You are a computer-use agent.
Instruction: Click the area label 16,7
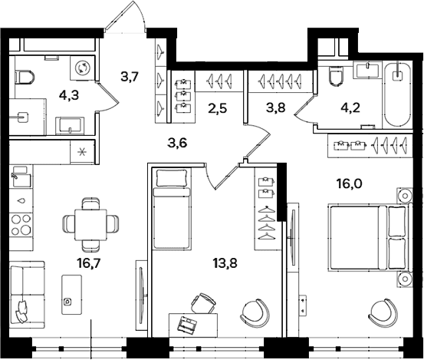tap(88, 263)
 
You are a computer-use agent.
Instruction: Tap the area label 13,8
tap(225, 263)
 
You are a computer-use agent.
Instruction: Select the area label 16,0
tap(349, 184)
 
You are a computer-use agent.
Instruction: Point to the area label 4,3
tap(69, 95)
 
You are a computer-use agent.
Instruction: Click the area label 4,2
tap(350, 108)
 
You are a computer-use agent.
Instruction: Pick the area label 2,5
tap(218, 108)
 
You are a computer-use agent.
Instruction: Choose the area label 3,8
tap(275, 108)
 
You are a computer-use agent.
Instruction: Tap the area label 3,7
tap(130, 77)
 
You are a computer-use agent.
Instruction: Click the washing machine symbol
tap(82, 68)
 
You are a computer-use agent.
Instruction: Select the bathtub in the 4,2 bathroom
tap(397, 94)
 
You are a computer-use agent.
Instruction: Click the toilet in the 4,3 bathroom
tap(25, 77)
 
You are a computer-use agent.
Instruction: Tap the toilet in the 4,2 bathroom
tap(336, 75)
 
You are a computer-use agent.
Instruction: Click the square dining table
tap(90, 225)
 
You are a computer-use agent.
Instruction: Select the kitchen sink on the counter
tap(21, 177)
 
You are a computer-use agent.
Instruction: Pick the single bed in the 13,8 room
tap(172, 209)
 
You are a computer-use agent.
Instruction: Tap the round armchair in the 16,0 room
tap(383, 312)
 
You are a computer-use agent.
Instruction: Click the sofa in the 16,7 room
tap(27, 295)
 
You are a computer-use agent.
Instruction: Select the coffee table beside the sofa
tap(71, 295)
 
